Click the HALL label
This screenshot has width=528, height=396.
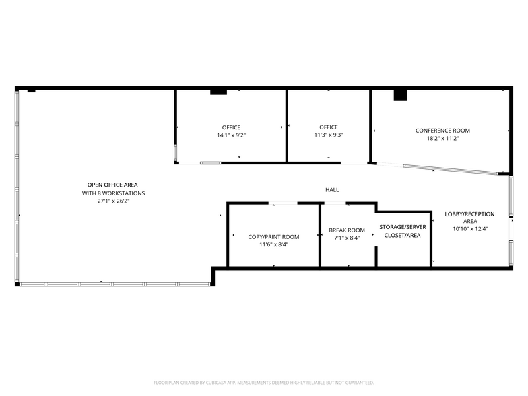pos(332,190)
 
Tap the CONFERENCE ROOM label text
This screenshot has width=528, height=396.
pos(442,131)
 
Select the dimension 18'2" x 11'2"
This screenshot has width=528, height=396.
pos(442,139)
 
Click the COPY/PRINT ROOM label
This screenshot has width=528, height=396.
pos(273,237)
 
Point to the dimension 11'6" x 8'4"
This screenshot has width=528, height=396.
pos(273,245)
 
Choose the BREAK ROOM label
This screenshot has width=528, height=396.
pos(347,230)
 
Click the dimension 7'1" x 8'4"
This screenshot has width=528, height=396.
pos(347,238)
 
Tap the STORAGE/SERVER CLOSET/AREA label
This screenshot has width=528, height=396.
pos(402,231)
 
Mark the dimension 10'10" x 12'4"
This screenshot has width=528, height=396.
pos(469,229)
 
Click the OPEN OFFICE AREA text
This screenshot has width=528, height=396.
pos(112,185)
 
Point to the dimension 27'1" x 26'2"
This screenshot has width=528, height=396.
pos(112,201)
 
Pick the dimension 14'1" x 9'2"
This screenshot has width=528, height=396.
pos(231,135)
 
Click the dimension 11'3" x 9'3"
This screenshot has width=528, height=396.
pos(329,135)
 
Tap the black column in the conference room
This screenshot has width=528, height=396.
pos(401,94)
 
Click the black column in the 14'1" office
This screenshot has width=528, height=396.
pos(219,91)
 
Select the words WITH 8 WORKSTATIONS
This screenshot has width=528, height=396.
pos(112,193)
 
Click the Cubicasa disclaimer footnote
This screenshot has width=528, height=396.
pos(264,382)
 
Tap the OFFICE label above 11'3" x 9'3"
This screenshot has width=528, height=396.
pos(329,127)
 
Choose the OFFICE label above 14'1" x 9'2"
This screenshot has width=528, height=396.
pos(231,127)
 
